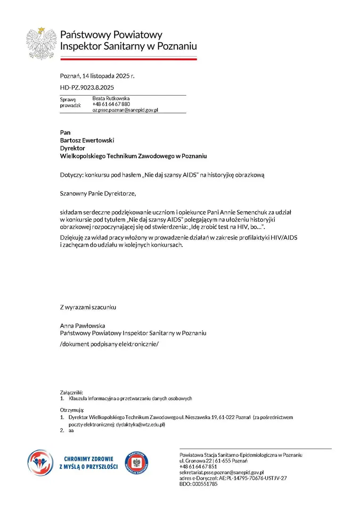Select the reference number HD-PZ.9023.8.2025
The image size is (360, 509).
[x=87, y=88]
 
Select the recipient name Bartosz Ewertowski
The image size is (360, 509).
[x=87, y=140]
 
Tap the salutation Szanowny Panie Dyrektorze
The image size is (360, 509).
[x=98, y=193]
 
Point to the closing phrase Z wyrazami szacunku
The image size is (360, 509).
[x=88, y=307]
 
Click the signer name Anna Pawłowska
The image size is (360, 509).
[x=82, y=326]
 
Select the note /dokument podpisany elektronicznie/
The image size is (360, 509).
[x=109, y=344]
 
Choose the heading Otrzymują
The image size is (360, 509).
[x=72, y=410]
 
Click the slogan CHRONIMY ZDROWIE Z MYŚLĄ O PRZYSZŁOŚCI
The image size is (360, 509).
[x=89, y=463]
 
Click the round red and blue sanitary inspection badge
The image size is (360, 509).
[x=137, y=463]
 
